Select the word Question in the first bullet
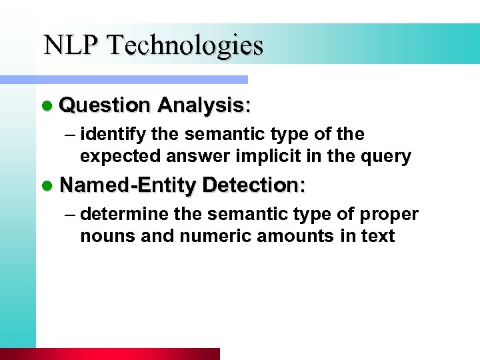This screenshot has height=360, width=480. point(105,105)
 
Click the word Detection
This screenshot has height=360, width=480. point(253,185)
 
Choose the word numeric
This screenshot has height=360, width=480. point(215,236)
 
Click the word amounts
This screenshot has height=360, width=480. point(299,236)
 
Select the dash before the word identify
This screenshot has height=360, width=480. point(70,135)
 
